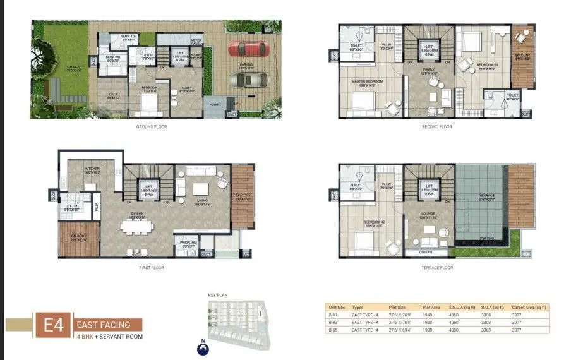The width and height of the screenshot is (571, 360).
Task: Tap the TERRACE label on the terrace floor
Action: [486, 196]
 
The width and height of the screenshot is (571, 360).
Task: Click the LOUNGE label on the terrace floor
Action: [433, 214]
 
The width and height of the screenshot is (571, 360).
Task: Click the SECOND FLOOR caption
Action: [436, 127]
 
